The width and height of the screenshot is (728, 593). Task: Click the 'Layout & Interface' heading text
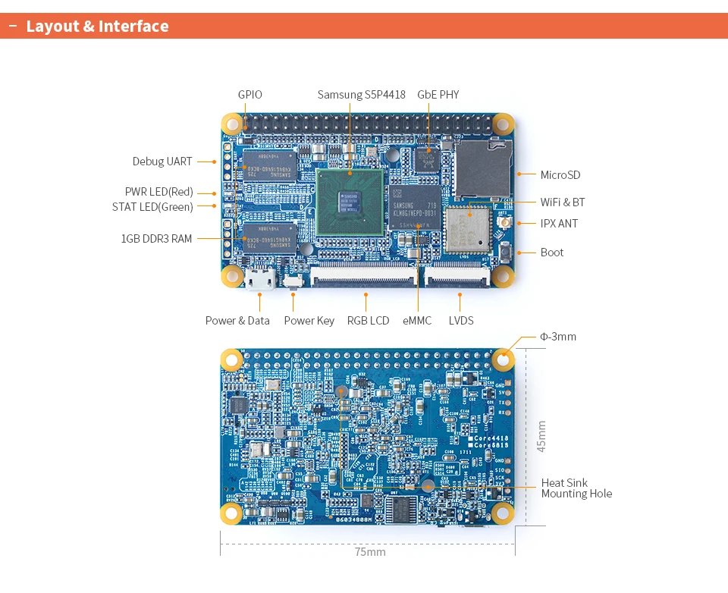[x=97, y=27]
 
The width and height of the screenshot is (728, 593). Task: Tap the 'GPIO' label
[x=249, y=95]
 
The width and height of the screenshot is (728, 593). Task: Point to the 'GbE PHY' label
[x=438, y=95]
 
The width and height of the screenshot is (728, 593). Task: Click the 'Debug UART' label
[x=162, y=162]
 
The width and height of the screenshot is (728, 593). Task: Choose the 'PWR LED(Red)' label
[x=159, y=192]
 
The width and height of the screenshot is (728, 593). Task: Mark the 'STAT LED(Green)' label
[x=152, y=207]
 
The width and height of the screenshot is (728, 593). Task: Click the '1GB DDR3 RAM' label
[x=156, y=239]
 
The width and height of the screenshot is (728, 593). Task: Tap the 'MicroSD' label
[x=560, y=175]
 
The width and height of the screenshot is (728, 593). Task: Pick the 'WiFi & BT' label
[x=562, y=202]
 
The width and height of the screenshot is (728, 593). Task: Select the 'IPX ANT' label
[x=559, y=224]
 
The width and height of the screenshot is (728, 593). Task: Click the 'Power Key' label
[x=309, y=321]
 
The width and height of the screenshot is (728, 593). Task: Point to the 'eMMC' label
[x=417, y=321]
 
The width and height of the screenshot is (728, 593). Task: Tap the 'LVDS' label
[x=461, y=321]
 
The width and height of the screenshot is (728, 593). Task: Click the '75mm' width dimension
[x=370, y=552]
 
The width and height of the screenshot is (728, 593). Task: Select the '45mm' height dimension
[x=541, y=437]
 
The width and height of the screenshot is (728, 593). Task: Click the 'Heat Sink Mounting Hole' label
[x=576, y=488]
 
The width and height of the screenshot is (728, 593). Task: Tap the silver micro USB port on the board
[x=259, y=280]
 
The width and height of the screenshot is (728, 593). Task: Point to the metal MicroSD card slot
[x=482, y=169]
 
